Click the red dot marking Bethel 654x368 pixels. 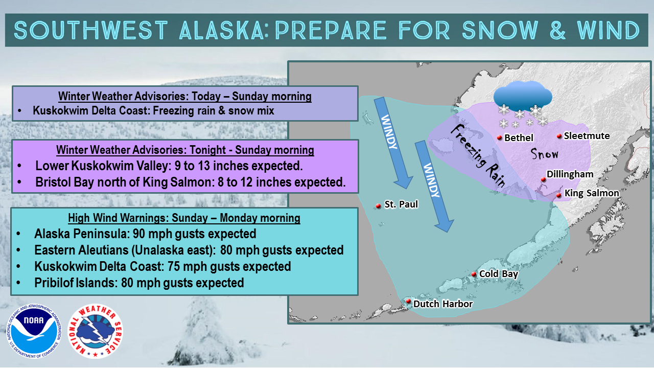[x=499, y=137]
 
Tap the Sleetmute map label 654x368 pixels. [x=587, y=136]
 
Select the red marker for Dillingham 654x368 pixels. [x=543, y=179]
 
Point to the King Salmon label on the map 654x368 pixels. [x=592, y=193]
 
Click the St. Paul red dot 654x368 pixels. [x=379, y=206]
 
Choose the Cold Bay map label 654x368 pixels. [x=499, y=274]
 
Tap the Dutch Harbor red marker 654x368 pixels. [x=408, y=301]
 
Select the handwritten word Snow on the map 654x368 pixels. [x=545, y=154]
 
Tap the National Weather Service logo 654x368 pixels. [x=95, y=331]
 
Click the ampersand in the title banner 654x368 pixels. [x=557, y=30]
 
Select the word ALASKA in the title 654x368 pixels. [x=221, y=30]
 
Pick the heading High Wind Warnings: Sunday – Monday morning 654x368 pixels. [x=184, y=218]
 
